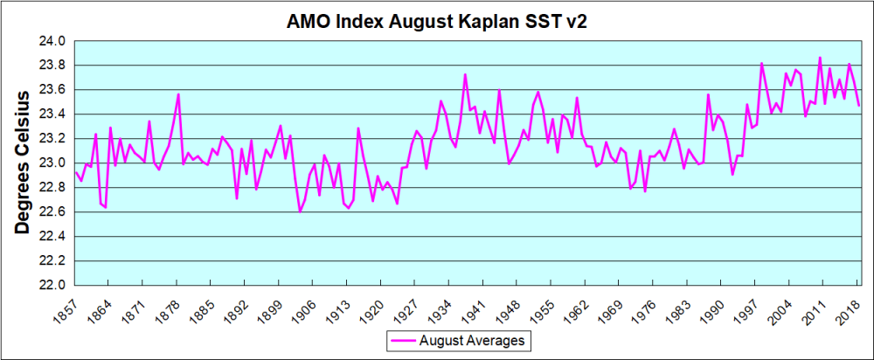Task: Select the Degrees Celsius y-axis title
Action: (x=24, y=162)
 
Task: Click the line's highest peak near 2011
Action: (x=820, y=58)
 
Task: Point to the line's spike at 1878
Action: (x=177, y=94)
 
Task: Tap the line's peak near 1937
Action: (x=465, y=74)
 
